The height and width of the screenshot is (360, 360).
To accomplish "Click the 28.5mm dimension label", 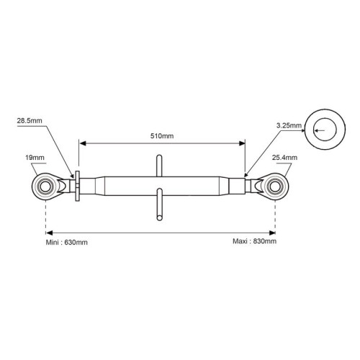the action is pos(30,121).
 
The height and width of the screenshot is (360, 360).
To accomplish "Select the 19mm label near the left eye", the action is pos(35,158).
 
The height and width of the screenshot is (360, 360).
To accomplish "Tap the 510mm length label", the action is pos(162,136).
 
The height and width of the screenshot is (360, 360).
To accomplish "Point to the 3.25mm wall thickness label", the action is pos(289,125).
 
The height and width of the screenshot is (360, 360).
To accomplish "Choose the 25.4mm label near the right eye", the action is pos(284,158).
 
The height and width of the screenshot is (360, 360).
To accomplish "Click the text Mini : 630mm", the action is pos(66,243).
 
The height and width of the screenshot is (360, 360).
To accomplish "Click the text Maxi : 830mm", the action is pos(254,241).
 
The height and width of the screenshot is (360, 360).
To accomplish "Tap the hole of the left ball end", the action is pos(45,186).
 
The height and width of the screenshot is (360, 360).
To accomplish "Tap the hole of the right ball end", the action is pos(275,186).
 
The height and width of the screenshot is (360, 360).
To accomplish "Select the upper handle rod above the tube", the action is pos(159,166).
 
